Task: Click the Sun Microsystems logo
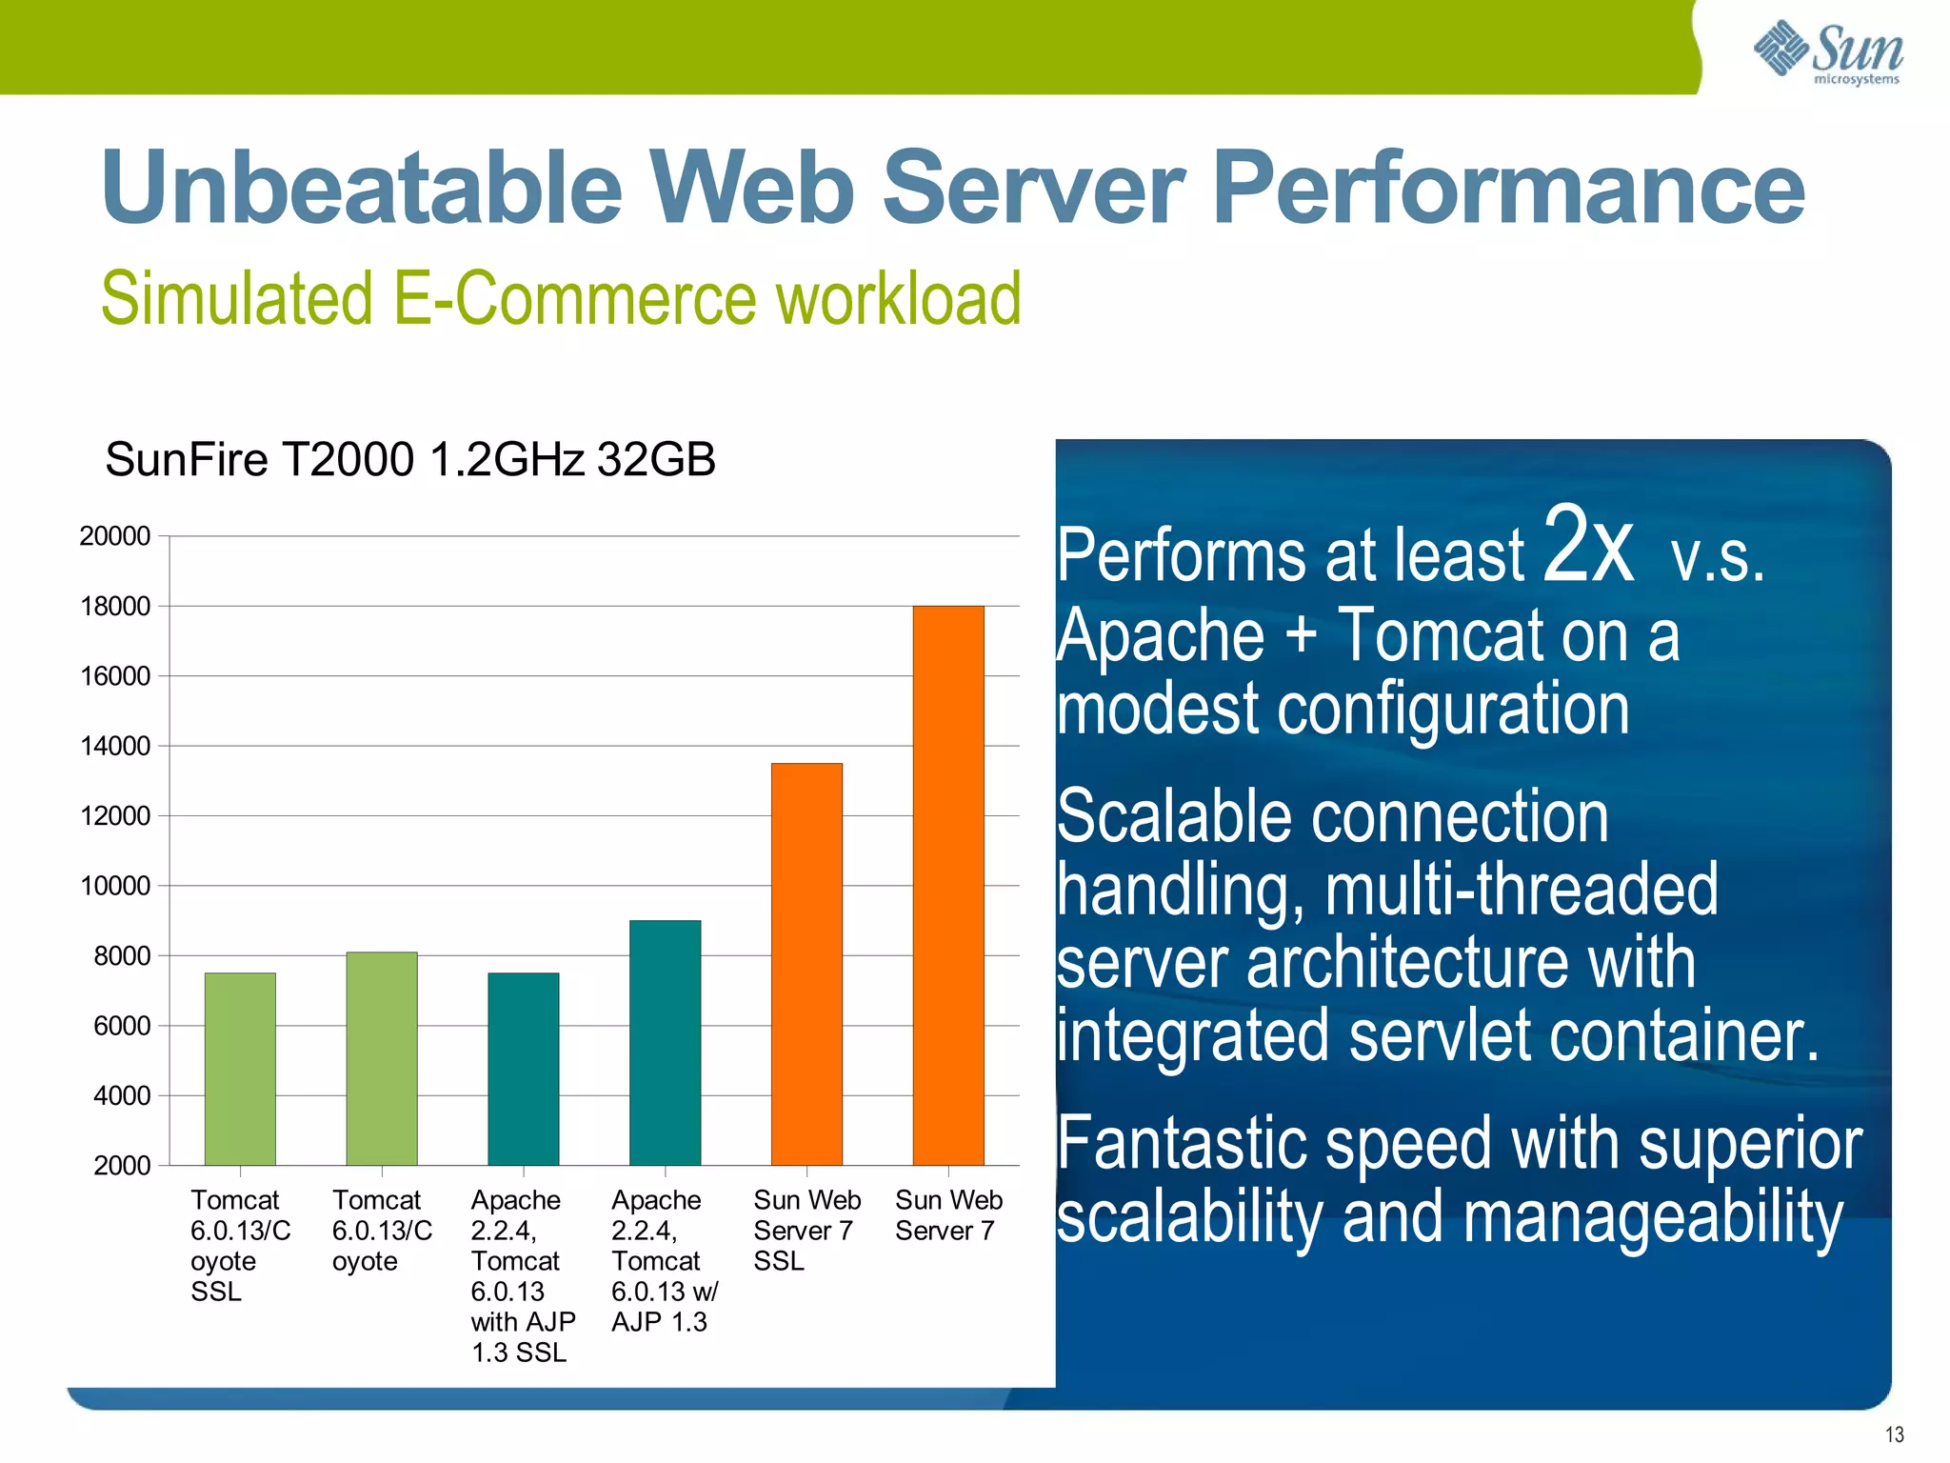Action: click(1828, 53)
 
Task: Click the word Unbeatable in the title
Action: click(362, 188)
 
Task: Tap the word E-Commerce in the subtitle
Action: click(573, 299)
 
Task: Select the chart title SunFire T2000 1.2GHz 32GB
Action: click(409, 460)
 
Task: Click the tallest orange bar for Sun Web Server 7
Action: click(947, 886)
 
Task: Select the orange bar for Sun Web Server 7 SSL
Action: click(806, 964)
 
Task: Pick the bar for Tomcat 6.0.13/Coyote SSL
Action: click(240, 1069)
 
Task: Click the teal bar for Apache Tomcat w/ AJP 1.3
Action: click(665, 1042)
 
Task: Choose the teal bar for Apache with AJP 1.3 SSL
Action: click(523, 1069)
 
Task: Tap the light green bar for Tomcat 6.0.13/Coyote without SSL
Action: click(382, 1058)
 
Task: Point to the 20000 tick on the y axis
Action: click(115, 536)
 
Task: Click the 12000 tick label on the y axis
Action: click(115, 816)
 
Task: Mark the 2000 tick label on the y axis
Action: click(122, 1166)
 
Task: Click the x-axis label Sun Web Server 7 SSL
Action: click(806, 1230)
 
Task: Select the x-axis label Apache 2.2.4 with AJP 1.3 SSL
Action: click(522, 1275)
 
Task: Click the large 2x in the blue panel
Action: click(1587, 545)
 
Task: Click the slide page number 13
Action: click(1894, 1434)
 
